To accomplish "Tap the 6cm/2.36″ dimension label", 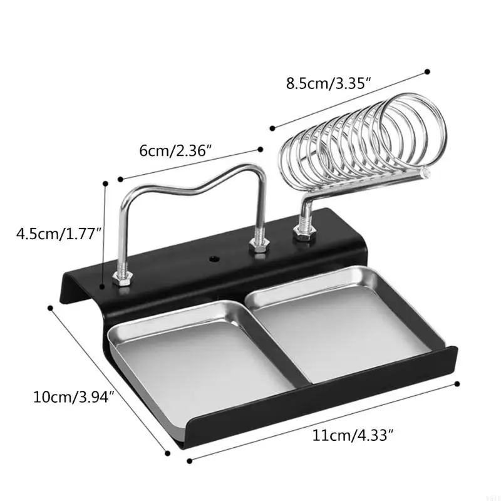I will pos(175,151).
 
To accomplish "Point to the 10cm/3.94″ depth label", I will pos(74,396).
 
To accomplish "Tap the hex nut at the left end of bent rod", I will pos(122,279).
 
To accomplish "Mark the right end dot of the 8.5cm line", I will pos(428,71).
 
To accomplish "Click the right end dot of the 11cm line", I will pos(458,383).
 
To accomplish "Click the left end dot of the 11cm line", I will pos(189,462).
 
